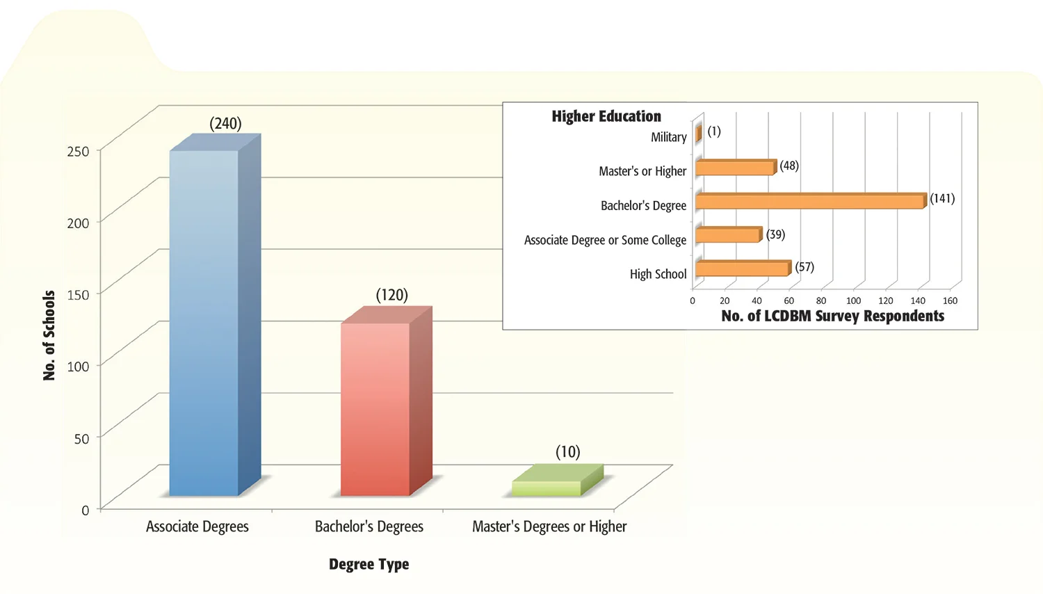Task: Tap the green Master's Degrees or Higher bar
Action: pos(547,488)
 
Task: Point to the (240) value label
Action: pos(225,124)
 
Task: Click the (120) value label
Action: pos(391,295)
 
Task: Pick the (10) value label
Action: pos(567,452)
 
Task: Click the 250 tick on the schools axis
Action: pos(78,151)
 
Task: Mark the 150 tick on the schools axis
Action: pos(78,294)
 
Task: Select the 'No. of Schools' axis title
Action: pos(49,335)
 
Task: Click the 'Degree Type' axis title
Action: pos(369,564)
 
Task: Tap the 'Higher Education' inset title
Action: pos(606,116)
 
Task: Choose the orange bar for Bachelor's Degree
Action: pos(810,202)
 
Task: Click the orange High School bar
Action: pos(742,268)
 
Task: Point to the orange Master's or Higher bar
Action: pos(734,168)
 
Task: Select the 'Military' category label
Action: pos(668,137)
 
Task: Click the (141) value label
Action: pos(942,198)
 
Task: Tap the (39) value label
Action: pos(775,234)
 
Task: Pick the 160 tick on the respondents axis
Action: pos(950,300)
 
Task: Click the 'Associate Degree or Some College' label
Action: pos(605,240)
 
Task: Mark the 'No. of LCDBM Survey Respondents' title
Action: pos(832,316)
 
